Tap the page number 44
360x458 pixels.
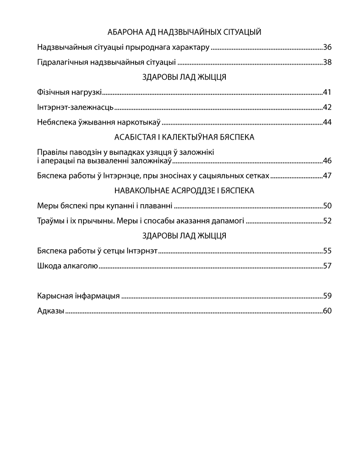pos(327,122)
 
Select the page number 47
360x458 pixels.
pos(327,175)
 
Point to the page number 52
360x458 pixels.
pos(327,221)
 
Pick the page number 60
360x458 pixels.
pos(327,311)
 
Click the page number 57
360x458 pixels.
pos(327,266)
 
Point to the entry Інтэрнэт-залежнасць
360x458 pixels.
pos(75,108)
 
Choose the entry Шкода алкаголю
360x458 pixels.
pos(67,266)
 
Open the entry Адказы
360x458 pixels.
pos(50,311)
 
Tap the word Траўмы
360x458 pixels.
pos(49,221)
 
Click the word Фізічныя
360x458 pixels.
pos(52,93)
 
